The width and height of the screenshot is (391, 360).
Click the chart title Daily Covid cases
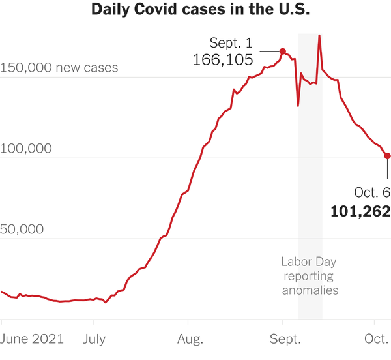(195, 11)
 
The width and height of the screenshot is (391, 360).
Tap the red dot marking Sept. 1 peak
(283, 51)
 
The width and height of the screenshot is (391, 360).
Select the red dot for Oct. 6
(388, 156)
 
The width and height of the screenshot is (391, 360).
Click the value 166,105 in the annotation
(222, 59)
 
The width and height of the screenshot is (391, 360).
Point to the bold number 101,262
(360, 211)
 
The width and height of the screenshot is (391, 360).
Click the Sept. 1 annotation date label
(231, 43)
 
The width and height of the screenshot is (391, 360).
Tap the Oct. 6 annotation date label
(372, 193)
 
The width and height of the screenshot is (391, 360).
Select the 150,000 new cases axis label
(59, 68)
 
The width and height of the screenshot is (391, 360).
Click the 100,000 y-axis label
(26, 149)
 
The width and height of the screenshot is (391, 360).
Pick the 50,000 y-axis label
(22, 230)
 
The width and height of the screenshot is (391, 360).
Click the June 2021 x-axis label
(32, 338)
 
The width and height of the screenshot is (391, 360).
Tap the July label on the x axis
(94, 338)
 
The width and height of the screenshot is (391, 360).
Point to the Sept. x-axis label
(285, 338)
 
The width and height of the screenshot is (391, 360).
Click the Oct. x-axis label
(375, 338)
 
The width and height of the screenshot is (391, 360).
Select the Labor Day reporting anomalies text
(310, 276)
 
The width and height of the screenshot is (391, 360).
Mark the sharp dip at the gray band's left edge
(298, 105)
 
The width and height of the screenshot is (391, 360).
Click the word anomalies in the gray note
(310, 290)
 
